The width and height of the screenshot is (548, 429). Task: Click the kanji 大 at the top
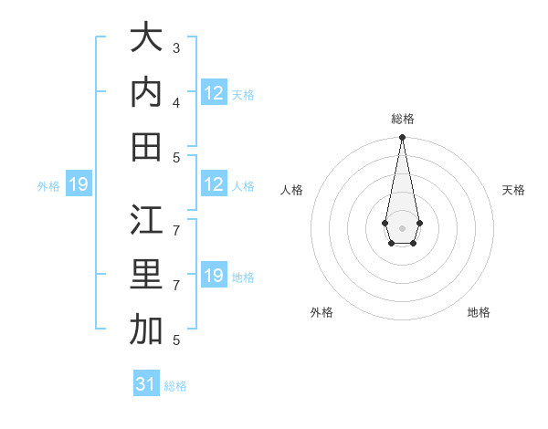(x=146, y=37)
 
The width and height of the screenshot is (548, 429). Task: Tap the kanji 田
(x=146, y=147)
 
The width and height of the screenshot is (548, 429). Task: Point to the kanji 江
(x=146, y=220)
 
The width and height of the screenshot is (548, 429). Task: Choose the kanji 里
(x=146, y=275)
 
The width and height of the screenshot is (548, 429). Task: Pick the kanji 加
(x=146, y=330)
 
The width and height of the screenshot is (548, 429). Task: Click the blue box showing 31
(x=146, y=384)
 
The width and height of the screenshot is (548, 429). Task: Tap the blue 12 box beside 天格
(x=214, y=93)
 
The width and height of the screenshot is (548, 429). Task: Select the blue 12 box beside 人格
(x=214, y=184)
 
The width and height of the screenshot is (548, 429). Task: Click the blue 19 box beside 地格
(x=214, y=276)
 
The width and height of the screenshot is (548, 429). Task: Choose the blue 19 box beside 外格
(x=78, y=185)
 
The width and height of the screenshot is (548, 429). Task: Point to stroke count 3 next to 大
(x=176, y=47)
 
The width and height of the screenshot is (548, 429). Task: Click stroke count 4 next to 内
(x=176, y=102)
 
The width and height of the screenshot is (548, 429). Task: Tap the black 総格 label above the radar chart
(x=402, y=119)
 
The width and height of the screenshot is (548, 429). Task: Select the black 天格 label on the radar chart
(x=513, y=190)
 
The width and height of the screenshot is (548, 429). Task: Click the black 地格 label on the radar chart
(x=479, y=312)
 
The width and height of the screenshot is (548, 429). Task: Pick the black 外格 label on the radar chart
(x=321, y=312)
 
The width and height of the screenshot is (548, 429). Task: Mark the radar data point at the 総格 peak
(x=402, y=138)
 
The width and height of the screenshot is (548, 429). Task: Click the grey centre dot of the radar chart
(x=402, y=226)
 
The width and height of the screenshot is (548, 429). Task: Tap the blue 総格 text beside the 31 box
(x=175, y=386)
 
